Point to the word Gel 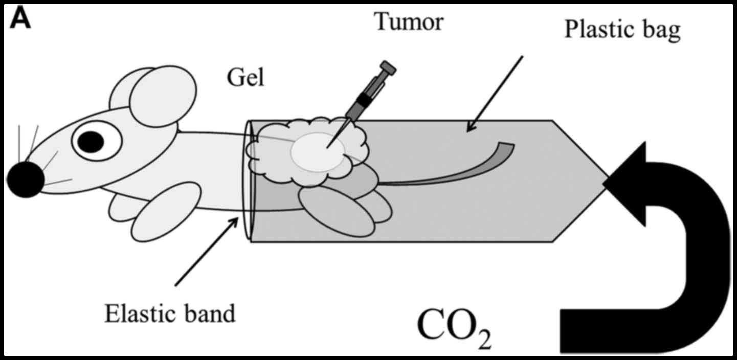[245, 79]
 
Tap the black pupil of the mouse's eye [92, 142]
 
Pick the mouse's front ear [163, 97]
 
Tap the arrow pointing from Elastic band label [207, 251]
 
